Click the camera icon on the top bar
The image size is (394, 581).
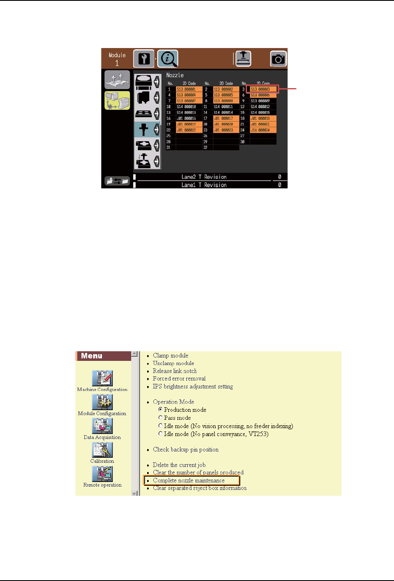(x=278, y=59)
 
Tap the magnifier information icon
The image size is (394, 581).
(x=168, y=59)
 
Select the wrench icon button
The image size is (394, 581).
(x=144, y=59)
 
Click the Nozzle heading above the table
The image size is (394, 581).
(x=175, y=75)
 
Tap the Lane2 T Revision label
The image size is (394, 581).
(x=204, y=177)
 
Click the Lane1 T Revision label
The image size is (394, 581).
(x=204, y=185)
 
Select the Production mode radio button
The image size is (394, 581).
(x=160, y=410)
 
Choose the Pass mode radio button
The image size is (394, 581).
(x=160, y=418)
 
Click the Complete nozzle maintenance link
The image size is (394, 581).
(x=189, y=480)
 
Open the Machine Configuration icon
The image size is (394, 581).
(x=102, y=378)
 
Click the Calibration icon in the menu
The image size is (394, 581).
(x=102, y=450)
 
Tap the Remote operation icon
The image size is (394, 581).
(x=102, y=474)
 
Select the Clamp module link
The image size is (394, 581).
(x=170, y=355)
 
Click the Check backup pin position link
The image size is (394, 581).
(x=186, y=449)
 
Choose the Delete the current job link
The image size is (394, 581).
(x=179, y=465)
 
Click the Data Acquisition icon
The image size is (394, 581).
(x=102, y=426)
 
